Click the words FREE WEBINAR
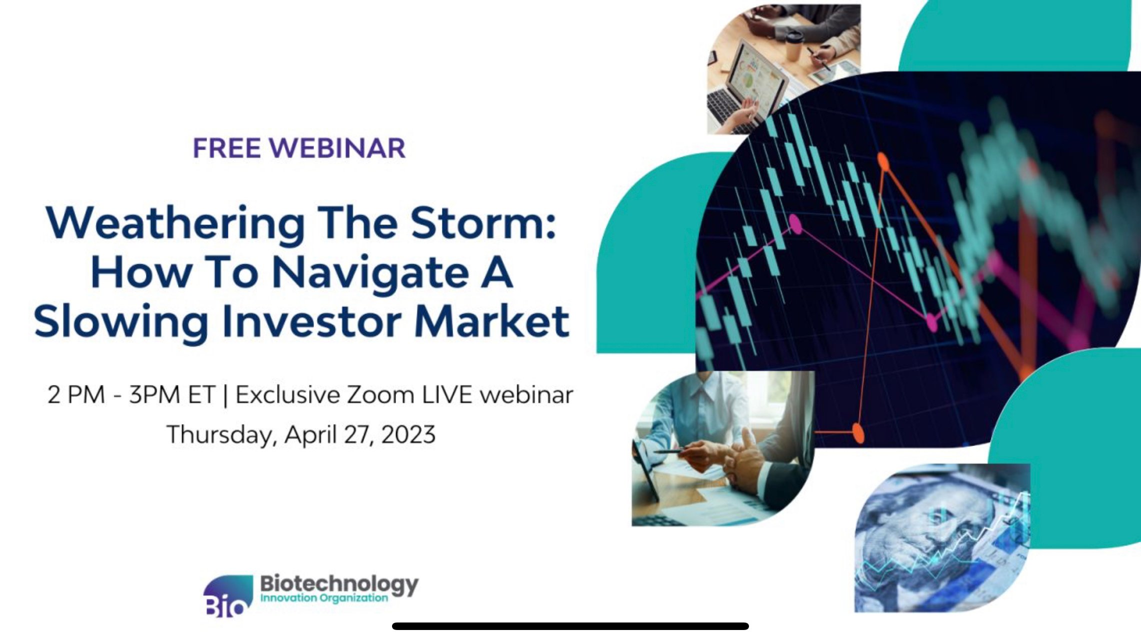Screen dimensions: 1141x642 coord(299,148)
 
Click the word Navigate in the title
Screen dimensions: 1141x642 coord(371,273)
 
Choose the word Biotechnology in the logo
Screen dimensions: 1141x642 coord(339,583)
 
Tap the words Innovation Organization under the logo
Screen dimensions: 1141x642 coord(324,598)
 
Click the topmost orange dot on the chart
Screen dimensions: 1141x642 coord(883,161)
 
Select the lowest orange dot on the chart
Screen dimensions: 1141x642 coord(858,432)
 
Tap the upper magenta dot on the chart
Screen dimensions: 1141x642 coord(795,224)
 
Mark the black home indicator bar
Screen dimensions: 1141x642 coord(570,626)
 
